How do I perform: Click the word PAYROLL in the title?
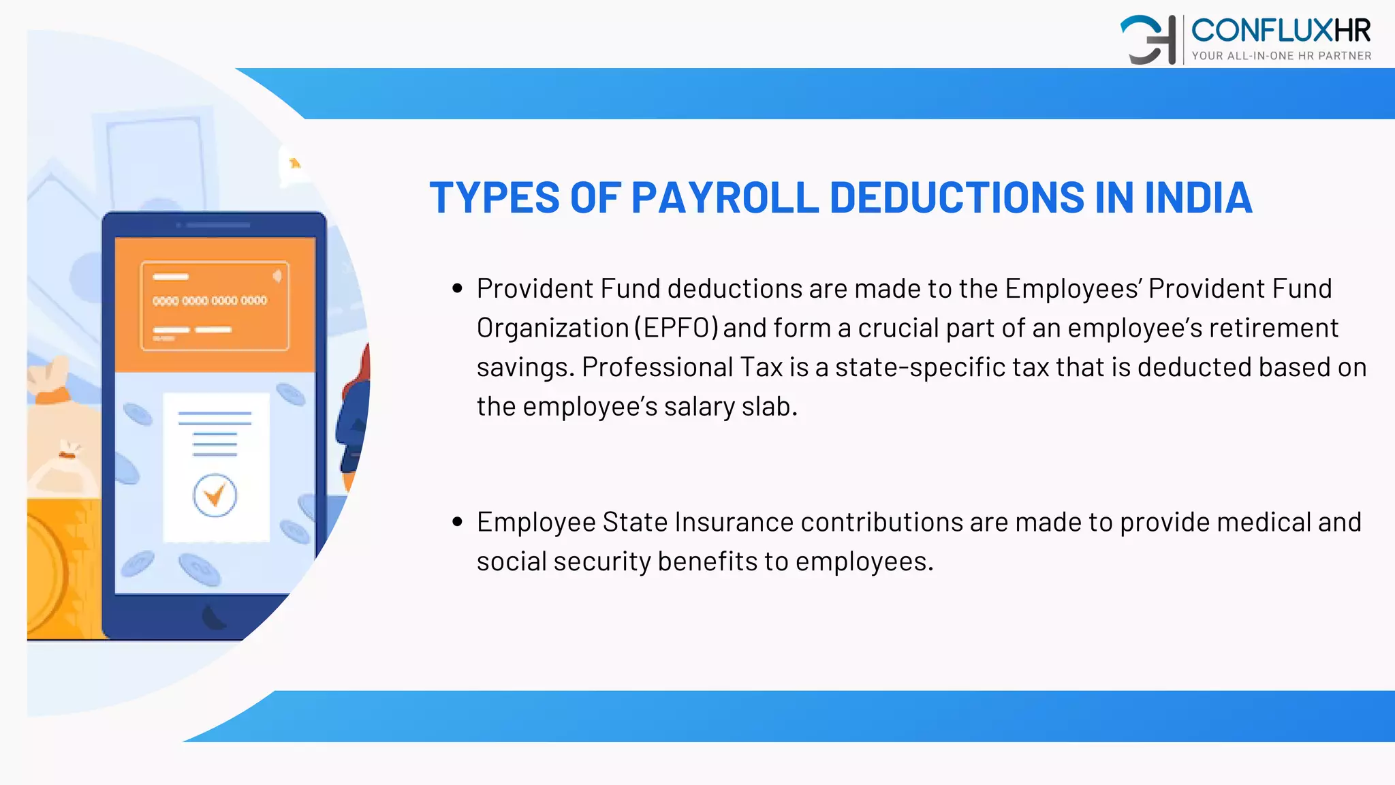725,198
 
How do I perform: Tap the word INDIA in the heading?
1198,198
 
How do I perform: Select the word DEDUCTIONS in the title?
956,198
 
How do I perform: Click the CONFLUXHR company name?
1281,31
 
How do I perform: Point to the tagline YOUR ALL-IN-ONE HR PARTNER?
1281,56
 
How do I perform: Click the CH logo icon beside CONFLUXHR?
1148,40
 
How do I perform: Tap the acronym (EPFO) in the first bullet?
676,328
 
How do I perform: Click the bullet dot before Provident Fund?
458,289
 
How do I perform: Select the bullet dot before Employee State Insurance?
458,523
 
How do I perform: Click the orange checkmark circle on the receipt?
215,495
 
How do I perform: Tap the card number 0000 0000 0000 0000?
210,301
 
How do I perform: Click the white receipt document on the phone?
216,466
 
